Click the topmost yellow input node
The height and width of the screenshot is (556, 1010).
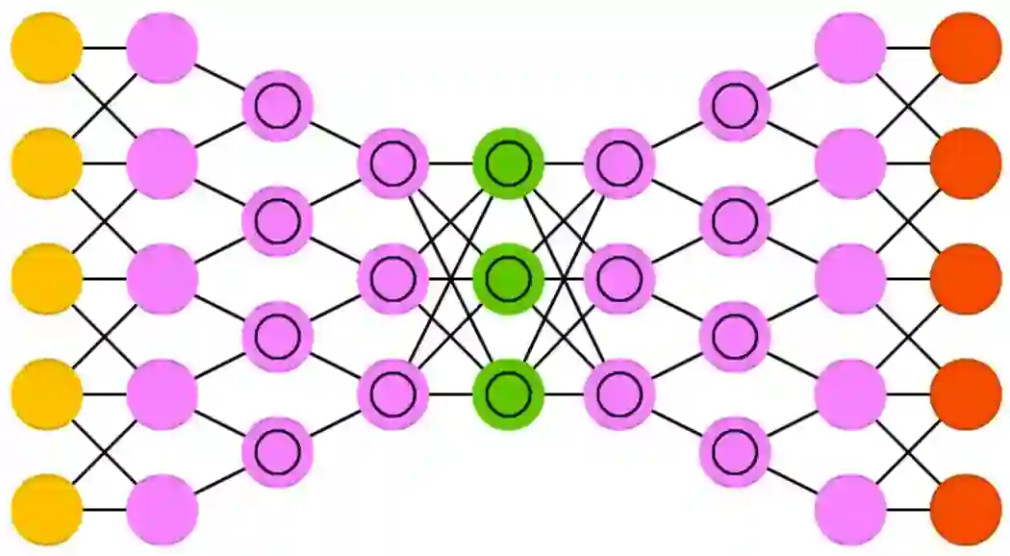[x=46, y=47]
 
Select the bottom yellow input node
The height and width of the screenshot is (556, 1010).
[x=46, y=510]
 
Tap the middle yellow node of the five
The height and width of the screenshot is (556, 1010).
[x=46, y=279]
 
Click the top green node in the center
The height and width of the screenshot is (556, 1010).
[x=509, y=164]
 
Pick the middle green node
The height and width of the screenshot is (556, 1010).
[x=509, y=279]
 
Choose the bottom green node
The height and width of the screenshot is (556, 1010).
[x=509, y=394]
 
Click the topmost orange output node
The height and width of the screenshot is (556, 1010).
[x=966, y=47]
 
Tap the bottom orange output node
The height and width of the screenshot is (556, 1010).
[x=966, y=510]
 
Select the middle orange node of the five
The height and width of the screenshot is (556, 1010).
[x=966, y=279]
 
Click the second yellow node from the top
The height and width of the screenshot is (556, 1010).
[x=46, y=164]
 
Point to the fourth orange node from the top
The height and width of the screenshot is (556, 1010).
[x=966, y=394]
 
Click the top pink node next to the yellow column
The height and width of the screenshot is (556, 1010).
[x=162, y=47]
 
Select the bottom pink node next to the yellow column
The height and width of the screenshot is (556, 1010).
[x=162, y=510]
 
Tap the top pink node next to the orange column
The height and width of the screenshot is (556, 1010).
[x=849, y=47]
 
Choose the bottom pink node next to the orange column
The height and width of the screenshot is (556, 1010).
[x=849, y=510]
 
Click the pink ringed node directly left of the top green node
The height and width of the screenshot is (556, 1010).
[x=392, y=164]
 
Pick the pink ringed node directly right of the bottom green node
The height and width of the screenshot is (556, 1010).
[x=619, y=394]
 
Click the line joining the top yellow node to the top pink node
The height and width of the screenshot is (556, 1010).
[x=104, y=47]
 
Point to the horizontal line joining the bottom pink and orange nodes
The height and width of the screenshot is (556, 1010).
[x=908, y=510]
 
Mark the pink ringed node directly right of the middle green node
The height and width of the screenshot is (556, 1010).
[x=619, y=279]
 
